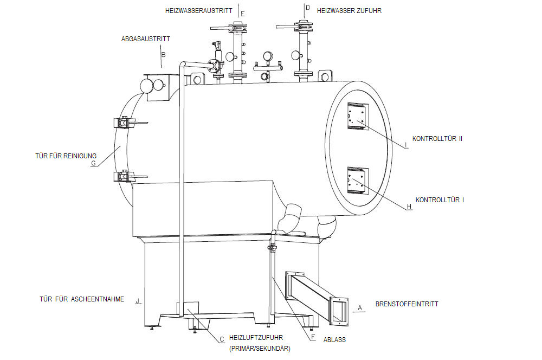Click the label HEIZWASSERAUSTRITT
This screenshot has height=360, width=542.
(x=198, y=10)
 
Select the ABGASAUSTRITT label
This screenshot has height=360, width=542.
(x=146, y=39)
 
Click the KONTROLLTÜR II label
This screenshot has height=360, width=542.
(x=437, y=139)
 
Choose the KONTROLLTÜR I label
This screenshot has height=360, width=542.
(x=440, y=200)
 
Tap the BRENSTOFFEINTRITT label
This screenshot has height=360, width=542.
(x=406, y=304)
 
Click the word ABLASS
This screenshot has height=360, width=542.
(x=334, y=340)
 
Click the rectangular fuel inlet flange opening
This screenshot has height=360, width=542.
(x=339, y=311)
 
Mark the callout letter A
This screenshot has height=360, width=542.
(x=359, y=307)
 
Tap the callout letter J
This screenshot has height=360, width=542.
(x=138, y=300)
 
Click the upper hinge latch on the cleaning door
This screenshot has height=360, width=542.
(x=124, y=124)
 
